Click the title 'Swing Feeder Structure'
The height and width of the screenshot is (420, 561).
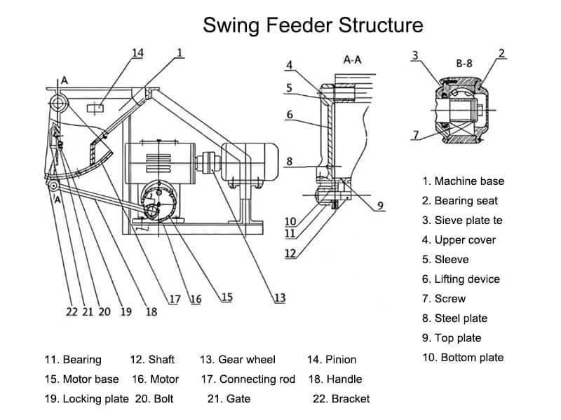click(x=313, y=26)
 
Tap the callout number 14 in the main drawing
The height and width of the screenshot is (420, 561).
click(x=137, y=52)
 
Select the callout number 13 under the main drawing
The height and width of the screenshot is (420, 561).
click(x=279, y=298)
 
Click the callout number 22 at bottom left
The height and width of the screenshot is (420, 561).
click(x=72, y=311)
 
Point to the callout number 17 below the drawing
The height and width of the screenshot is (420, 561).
click(x=175, y=300)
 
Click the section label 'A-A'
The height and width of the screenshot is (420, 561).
click(x=352, y=60)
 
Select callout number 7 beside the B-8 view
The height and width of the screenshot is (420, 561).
click(x=415, y=134)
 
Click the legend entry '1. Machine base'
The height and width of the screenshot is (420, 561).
click(x=463, y=181)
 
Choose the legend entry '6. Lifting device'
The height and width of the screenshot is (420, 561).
click(x=461, y=279)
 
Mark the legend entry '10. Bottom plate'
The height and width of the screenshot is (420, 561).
click(x=463, y=358)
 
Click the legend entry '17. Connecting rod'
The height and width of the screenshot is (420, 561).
click(x=248, y=379)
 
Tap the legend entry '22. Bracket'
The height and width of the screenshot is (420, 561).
click(x=341, y=399)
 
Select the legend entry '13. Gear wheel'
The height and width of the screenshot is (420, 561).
click(x=238, y=360)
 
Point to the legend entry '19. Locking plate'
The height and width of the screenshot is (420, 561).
click(x=86, y=399)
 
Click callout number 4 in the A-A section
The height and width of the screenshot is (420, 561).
click(x=289, y=66)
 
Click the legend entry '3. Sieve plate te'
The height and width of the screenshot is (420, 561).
click(x=462, y=220)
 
